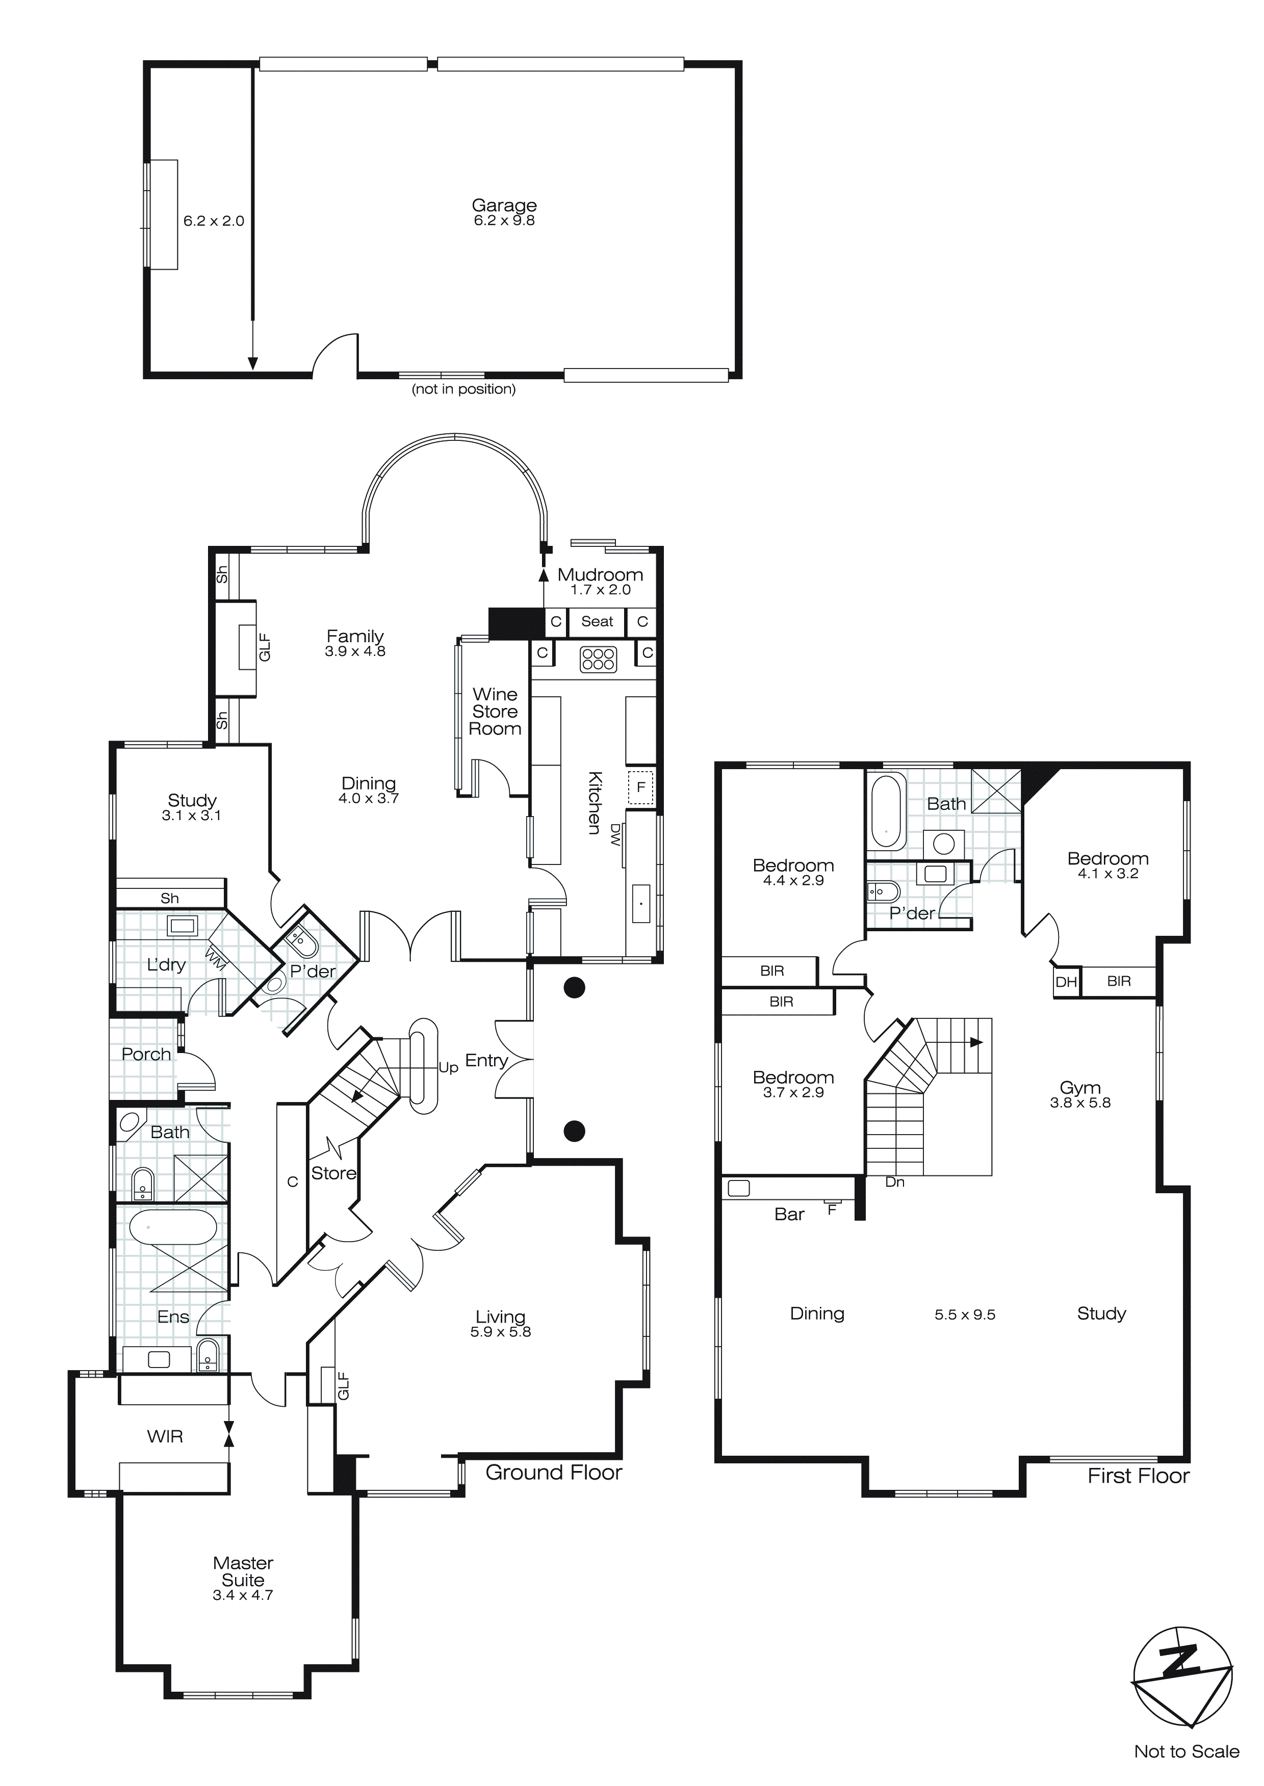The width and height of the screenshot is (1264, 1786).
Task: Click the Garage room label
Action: (x=504, y=205)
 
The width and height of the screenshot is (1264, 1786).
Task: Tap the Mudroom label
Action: (x=600, y=575)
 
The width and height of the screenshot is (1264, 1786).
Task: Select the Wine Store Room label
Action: (x=495, y=712)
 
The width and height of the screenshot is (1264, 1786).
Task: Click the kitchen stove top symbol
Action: (x=598, y=659)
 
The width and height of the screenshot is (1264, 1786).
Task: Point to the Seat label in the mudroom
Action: (x=597, y=621)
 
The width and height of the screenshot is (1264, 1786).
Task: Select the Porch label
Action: (x=146, y=1054)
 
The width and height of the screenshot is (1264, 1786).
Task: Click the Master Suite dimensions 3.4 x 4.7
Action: (x=243, y=1595)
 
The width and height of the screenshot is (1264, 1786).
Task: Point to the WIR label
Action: (x=165, y=1437)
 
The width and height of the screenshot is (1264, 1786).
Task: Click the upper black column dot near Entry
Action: (x=575, y=988)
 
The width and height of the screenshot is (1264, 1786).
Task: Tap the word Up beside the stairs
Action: (x=448, y=1067)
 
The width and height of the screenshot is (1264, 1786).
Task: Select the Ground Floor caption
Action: (x=553, y=1473)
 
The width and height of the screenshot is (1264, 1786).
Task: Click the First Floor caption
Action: (x=1138, y=1476)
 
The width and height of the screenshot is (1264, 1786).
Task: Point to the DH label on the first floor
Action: (x=1066, y=982)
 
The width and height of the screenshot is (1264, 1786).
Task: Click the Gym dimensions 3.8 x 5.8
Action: (x=1080, y=1102)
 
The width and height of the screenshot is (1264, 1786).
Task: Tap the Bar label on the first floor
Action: (x=789, y=1214)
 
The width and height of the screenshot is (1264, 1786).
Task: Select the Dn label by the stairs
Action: (x=895, y=1181)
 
